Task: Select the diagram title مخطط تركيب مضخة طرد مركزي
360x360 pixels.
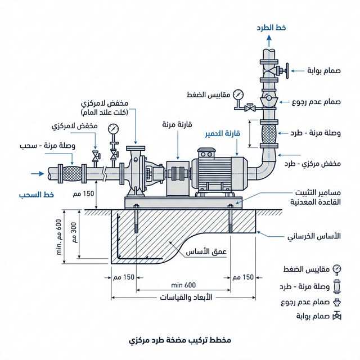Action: [x=179, y=341]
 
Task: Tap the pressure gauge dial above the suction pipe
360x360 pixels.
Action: [x=114, y=128]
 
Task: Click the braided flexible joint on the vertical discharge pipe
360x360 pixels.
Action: [x=269, y=134]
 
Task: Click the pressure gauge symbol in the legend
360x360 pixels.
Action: [x=337, y=268]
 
